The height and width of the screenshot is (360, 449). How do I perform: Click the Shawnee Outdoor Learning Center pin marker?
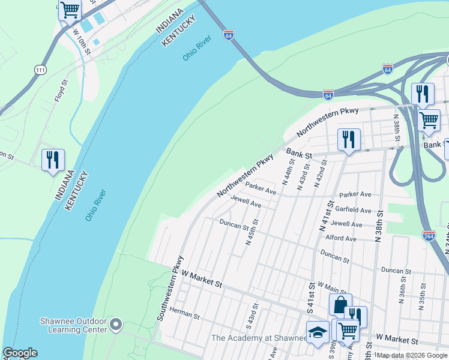116,325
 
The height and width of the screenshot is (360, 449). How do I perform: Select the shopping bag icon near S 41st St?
340,305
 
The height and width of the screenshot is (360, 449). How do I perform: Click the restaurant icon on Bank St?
349,140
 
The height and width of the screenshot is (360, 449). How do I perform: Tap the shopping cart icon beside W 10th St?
70,10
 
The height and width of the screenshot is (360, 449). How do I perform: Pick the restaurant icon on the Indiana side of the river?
53,160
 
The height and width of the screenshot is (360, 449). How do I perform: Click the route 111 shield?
40,70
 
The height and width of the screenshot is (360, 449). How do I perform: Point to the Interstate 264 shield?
429,236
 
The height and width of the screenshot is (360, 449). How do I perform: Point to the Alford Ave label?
340,238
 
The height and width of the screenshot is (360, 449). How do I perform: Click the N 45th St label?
252,232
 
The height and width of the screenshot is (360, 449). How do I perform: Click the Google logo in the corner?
19,353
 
